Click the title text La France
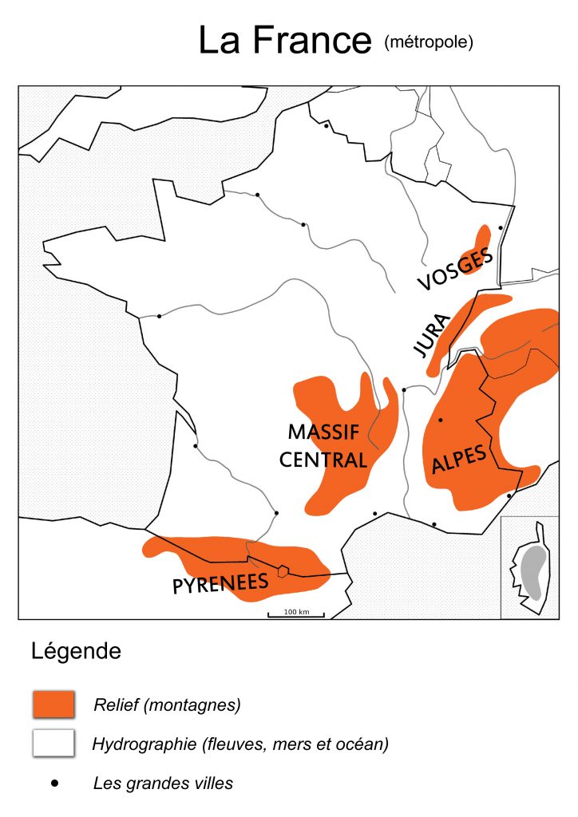(x=285, y=41)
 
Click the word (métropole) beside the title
(x=429, y=41)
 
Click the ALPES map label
(x=459, y=460)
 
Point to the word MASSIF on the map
(x=323, y=432)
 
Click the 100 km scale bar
(x=295, y=614)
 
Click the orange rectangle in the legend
(x=53, y=705)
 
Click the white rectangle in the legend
(x=53, y=744)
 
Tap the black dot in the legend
(x=54, y=783)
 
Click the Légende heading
(x=76, y=651)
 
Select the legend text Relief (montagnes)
(x=167, y=705)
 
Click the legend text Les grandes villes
(x=163, y=783)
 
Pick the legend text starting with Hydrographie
(x=240, y=744)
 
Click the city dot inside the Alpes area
(x=440, y=420)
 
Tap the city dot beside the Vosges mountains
(x=501, y=227)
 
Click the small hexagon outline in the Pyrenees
(x=283, y=570)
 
